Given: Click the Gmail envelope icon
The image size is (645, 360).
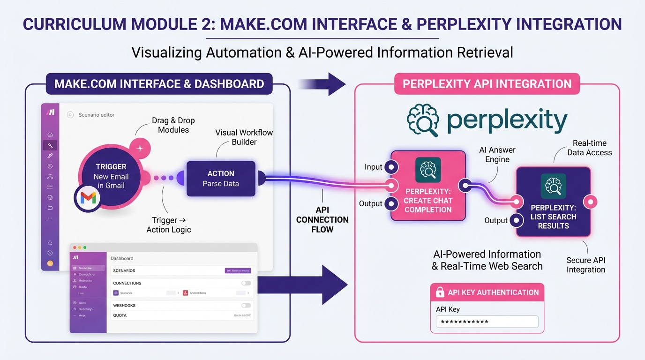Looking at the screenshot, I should (88, 198).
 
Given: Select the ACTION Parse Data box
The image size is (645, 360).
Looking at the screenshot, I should (221, 179).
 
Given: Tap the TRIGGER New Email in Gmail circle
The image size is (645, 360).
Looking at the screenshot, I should (111, 176).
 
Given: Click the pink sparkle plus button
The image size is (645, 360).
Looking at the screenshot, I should (140, 148).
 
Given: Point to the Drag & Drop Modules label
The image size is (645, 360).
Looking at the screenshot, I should (173, 125).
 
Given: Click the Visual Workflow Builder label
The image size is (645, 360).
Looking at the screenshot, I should (244, 137).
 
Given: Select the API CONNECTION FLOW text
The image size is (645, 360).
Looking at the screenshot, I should (322, 219).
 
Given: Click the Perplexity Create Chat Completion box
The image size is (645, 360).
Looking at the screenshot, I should (428, 186).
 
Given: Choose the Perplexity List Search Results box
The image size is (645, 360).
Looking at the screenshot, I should (553, 202).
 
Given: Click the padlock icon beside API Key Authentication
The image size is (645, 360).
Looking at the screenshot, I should (440, 292).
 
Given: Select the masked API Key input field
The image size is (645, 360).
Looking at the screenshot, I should (487, 322).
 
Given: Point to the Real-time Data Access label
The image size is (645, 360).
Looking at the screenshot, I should (589, 148).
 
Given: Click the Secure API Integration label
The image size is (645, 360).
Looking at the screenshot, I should (585, 265).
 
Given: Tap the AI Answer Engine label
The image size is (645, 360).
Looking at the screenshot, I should (497, 155).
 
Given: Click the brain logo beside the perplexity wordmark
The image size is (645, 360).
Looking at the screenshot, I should (422, 120).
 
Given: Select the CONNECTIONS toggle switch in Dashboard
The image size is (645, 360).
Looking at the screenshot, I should (246, 283).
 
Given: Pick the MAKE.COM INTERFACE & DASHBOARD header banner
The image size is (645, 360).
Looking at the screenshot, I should (159, 84).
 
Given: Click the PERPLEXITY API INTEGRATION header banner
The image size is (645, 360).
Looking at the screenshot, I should (487, 84).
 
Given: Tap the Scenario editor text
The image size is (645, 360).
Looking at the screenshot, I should (96, 115).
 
